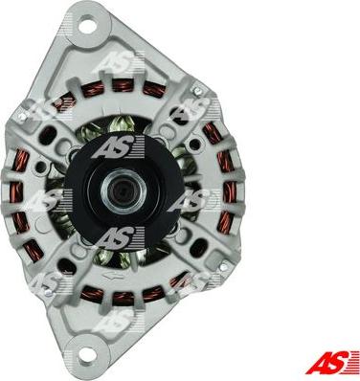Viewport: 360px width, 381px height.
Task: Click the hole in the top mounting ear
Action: click(87, 26)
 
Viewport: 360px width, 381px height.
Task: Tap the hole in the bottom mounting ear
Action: click(85, 355)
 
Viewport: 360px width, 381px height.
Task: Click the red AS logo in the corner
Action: click(331, 362)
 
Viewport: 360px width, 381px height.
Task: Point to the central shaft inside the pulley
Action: click(124, 190)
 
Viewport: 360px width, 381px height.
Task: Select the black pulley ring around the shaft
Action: click(124, 190)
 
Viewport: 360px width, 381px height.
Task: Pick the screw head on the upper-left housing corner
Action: click(22, 117)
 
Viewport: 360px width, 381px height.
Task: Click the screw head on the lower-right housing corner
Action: click(224, 264)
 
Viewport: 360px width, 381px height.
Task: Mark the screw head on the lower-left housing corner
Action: click(49, 292)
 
